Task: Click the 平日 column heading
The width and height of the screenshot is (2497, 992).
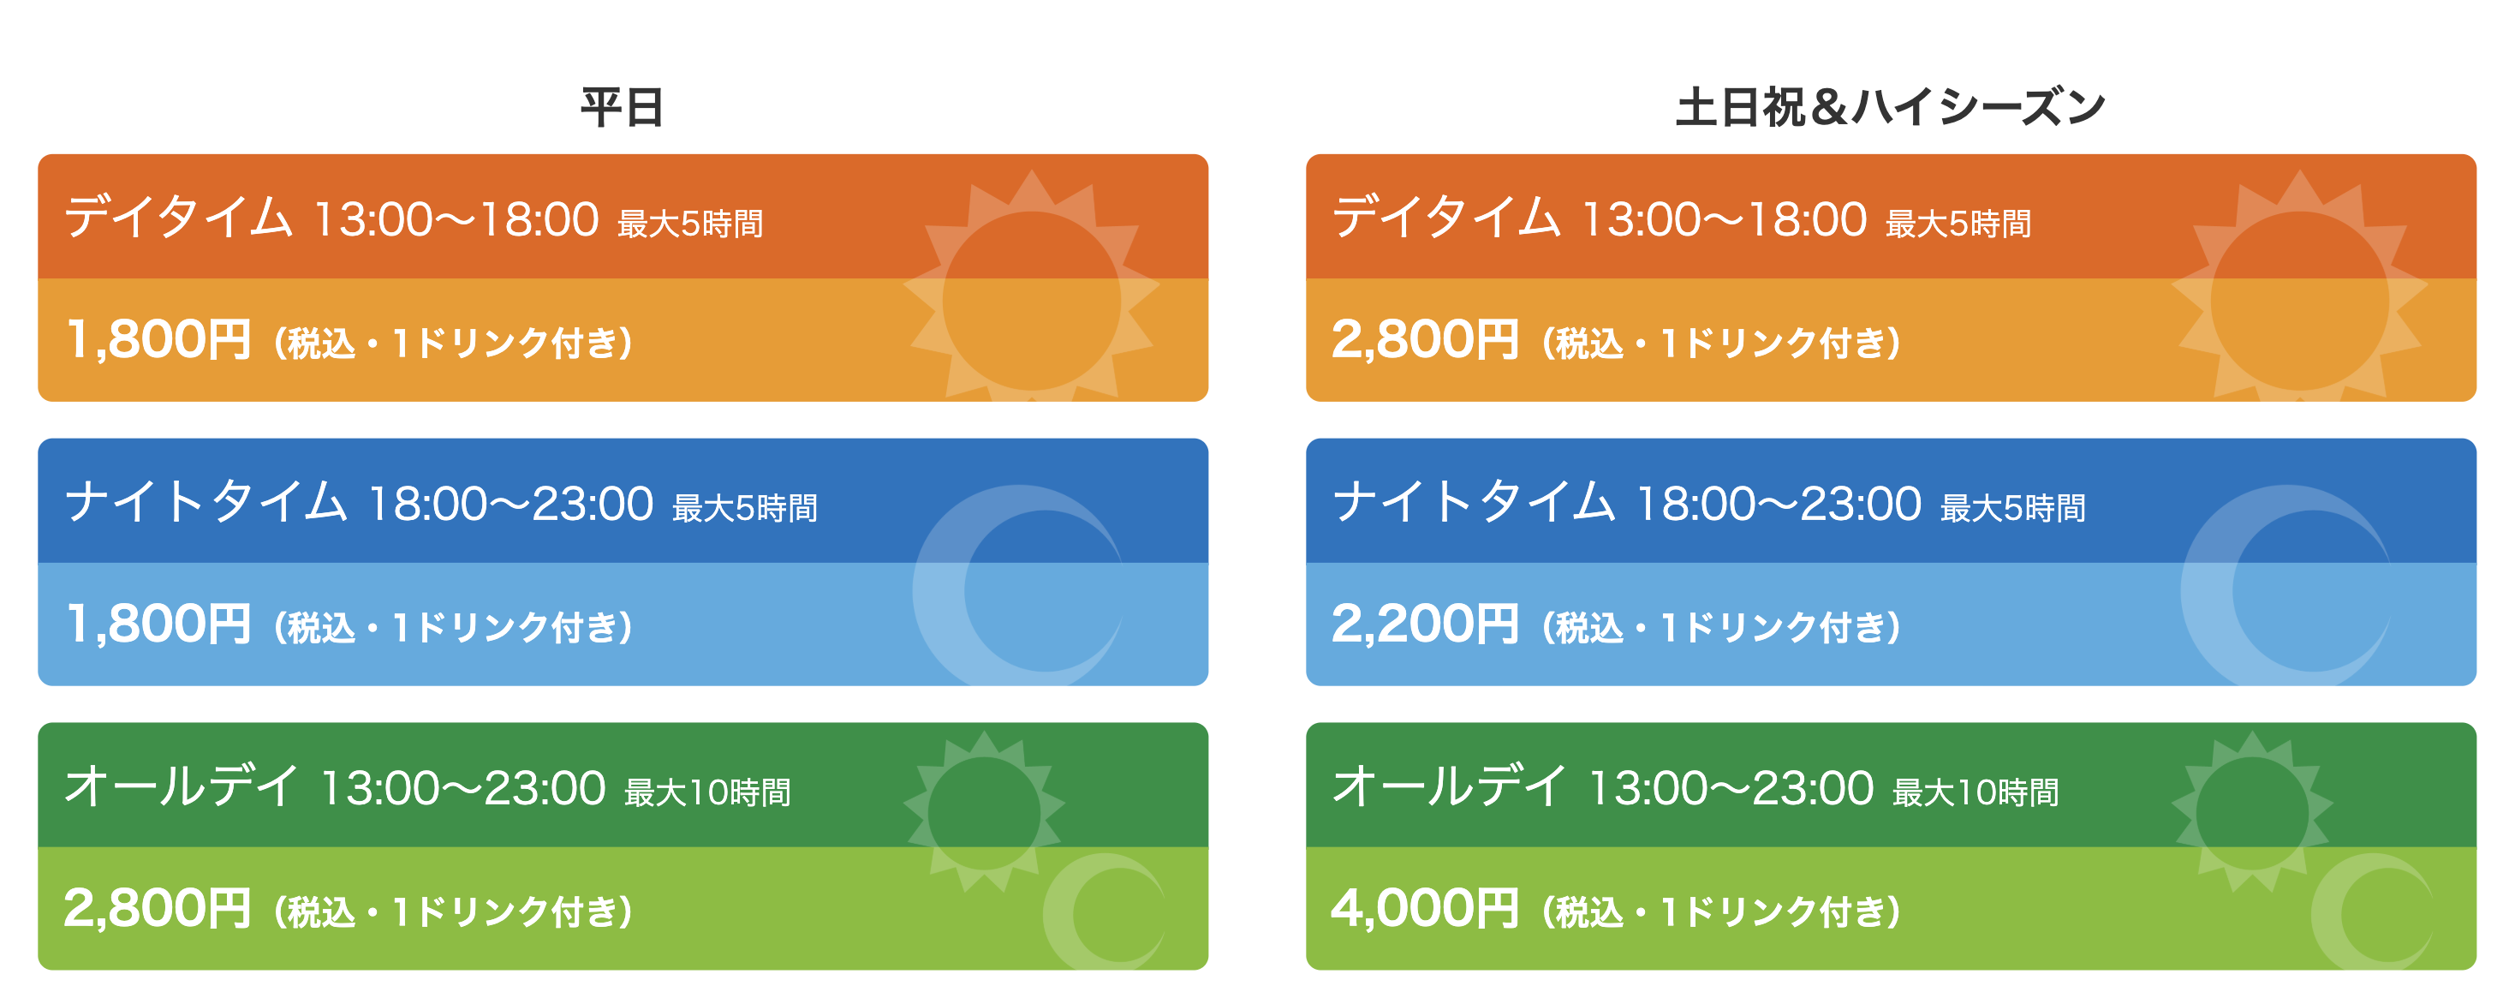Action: pyautogui.click(x=623, y=108)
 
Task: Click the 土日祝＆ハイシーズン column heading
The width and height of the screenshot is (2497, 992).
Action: pyautogui.click(x=1890, y=108)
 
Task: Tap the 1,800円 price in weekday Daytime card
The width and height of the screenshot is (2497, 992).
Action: pyautogui.click(x=158, y=339)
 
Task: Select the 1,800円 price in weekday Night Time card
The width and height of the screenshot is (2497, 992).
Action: pyautogui.click(x=158, y=624)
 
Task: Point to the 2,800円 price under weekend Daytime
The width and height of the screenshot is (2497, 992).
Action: pyautogui.click(x=1425, y=339)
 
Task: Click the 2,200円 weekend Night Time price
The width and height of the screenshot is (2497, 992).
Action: pyautogui.click(x=1425, y=624)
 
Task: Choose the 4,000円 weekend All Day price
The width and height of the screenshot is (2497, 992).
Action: pyautogui.click(x=1425, y=909)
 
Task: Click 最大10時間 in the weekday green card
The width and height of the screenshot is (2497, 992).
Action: pyautogui.click(x=707, y=792)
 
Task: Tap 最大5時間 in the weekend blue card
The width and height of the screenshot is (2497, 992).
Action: pyautogui.click(x=2013, y=508)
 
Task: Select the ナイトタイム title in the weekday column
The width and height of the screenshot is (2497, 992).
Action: pyautogui.click(x=206, y=502)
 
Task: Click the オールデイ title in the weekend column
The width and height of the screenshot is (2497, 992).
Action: pyautogui.click(x=1449, y=786)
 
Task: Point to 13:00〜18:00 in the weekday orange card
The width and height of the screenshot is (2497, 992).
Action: pyautogui.click(x=456, y=219)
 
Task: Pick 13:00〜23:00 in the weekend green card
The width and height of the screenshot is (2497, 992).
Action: pyautogui.click(x=1731, y=788)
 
